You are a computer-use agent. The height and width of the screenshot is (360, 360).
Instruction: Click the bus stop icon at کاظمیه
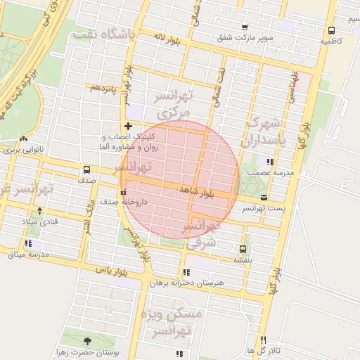[x=331, y=30]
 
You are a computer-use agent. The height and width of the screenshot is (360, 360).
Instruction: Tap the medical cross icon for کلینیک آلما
[x=127, y=126]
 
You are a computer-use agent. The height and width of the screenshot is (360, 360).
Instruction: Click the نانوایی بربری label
[x=24, y=150]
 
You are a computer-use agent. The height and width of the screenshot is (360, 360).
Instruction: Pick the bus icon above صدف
[x=86, y=169]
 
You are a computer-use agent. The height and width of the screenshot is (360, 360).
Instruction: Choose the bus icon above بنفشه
[x=243, y=249]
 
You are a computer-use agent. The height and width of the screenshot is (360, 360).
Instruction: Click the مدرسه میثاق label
[x=27, y=253]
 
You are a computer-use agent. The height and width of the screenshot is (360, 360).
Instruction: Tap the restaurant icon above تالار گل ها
[x=263, y=340]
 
